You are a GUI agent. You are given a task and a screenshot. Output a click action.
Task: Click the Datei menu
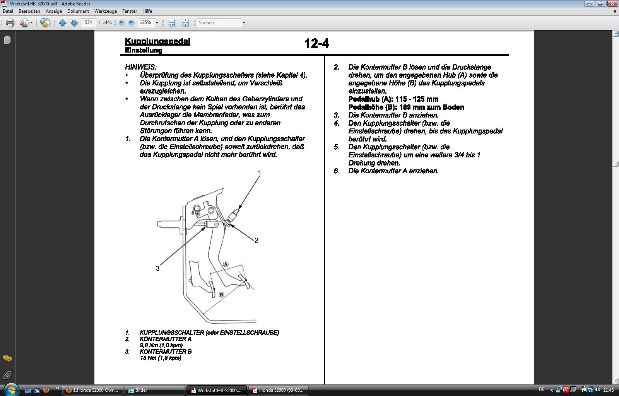(x=8, y=11)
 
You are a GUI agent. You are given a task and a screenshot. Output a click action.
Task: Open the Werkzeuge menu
(x=105, y=11)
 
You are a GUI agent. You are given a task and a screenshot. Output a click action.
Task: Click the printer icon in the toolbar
(x=10, y=23)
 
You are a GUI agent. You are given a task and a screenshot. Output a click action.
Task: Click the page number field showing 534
(x=89, y=22)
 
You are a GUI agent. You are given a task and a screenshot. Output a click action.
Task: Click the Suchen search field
(x=219, y=23)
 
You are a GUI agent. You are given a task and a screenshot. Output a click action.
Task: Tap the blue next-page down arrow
(x=74, y=23)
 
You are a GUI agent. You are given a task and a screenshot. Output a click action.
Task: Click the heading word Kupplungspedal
(x=157, y=41)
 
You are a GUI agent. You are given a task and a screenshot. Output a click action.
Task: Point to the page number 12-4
(x=316, y=43)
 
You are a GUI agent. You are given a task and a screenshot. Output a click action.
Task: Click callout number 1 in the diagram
(x=259, y=173)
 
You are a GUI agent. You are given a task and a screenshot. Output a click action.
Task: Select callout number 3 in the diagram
(x=157, y=268)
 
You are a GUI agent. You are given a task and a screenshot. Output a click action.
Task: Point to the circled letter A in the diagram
(x=226, y=265)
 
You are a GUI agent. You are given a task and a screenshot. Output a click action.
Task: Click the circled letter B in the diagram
(x=221, y=295)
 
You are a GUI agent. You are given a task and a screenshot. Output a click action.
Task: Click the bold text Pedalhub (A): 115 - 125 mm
(x=393, y=99)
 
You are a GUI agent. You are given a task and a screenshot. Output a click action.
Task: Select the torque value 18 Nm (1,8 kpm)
(x=161, y=358)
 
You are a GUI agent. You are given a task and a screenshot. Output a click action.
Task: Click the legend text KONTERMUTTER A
(x=166, y=339)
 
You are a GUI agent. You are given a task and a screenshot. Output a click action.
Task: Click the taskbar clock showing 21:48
(x=609, y=390)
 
